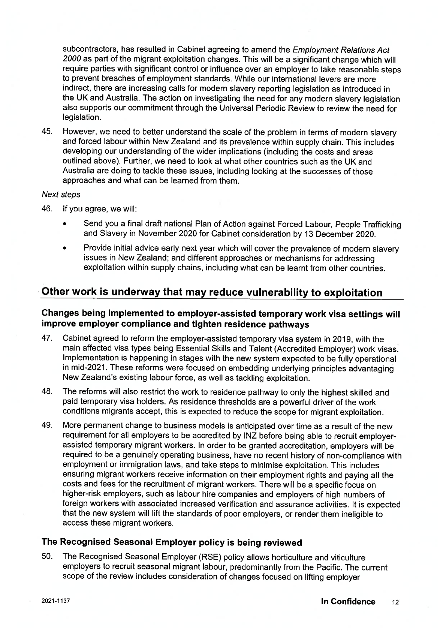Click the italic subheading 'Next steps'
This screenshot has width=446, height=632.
(61, 195)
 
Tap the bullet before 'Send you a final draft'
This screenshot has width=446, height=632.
(65, 225)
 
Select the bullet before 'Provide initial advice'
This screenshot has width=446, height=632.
(65, 249)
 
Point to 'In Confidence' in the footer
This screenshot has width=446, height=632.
(348, 602)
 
